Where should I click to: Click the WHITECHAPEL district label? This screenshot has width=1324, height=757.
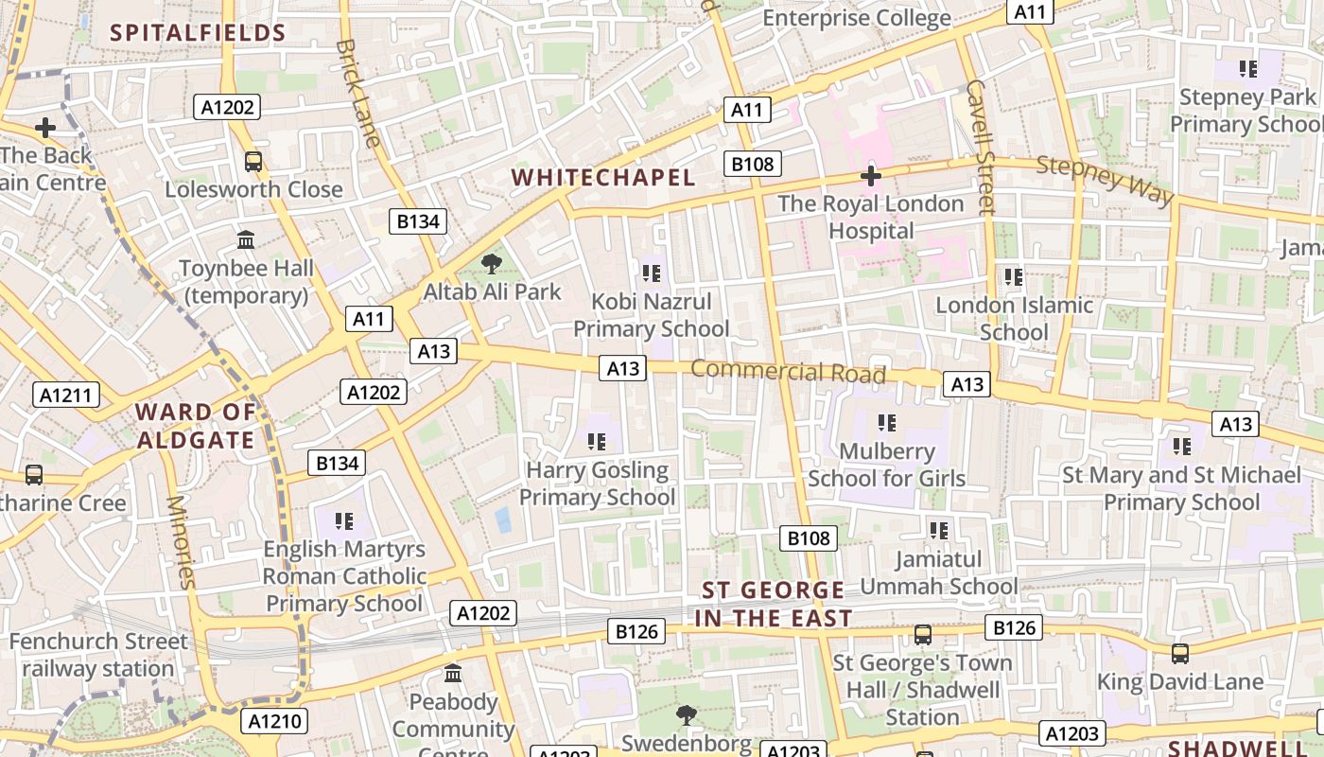tap(603, 177)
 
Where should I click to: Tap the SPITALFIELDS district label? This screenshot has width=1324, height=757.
tap(198, 33)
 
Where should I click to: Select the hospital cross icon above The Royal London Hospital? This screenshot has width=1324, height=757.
tap(871, 176)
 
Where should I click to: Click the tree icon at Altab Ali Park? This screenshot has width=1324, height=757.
tap(491, 264)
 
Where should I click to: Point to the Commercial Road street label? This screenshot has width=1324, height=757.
tap(788, 371)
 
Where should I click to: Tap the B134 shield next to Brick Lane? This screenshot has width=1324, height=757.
tap(418, 222)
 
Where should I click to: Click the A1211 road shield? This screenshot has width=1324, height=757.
tap(66, 395)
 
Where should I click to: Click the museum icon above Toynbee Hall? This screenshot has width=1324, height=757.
tap(247, 240)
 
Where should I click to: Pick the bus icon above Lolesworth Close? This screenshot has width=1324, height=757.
tap(253, 162)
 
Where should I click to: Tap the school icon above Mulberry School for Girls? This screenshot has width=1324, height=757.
tap(886, 423)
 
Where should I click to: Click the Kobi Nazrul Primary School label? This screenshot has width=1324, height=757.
tap(651, 315)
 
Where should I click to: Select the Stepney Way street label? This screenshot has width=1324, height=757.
tap(1105, 180)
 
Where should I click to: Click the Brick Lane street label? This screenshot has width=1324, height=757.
tap(358, 93)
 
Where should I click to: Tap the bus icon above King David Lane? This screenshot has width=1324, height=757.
tap(1179, 653)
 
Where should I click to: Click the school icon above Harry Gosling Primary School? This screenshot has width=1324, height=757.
tap(596, 441)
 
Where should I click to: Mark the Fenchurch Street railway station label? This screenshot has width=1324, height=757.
tap(98, 655)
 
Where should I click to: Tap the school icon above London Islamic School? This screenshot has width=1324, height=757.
tap(1014, 277)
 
